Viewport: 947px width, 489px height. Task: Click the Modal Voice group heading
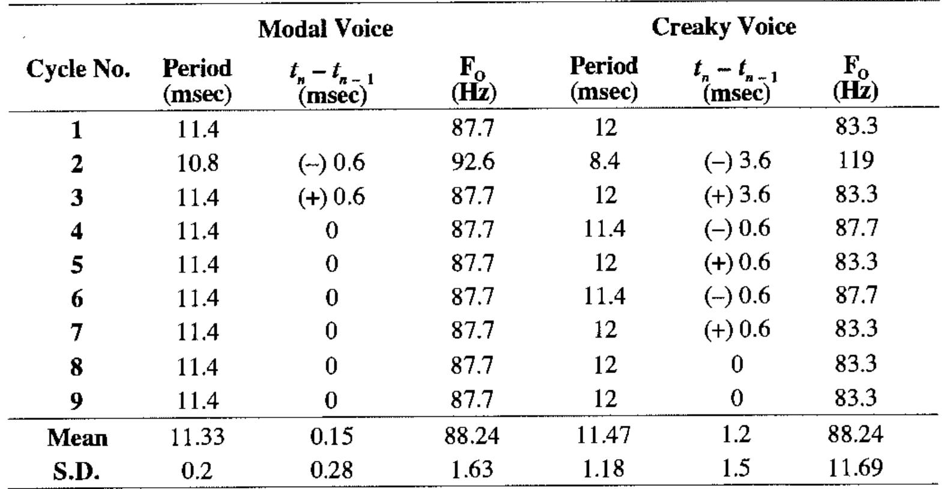coord(325,29)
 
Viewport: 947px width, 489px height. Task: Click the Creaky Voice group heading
coord(724,27)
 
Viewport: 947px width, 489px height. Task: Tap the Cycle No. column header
coord(78,70)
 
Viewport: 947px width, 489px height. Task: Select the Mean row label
coord(78,438)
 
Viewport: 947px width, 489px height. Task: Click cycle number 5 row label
coord(76,264)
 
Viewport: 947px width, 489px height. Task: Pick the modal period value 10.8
coord(198,163)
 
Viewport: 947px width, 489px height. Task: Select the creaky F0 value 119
coord(855,160)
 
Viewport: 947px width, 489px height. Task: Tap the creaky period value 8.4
coord(604,161)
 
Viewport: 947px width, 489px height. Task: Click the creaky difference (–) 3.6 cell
coord(737,161)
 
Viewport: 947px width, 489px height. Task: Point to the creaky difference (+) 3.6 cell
coord(737,195)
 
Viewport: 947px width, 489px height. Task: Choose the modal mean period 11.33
coord(198,437)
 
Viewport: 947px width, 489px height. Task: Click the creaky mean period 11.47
coord(604,434)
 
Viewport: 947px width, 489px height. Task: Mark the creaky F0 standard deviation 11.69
coord(855,467)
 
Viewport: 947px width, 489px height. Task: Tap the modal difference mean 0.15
coord(331,437)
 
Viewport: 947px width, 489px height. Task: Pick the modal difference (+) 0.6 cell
coord(331,197)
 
